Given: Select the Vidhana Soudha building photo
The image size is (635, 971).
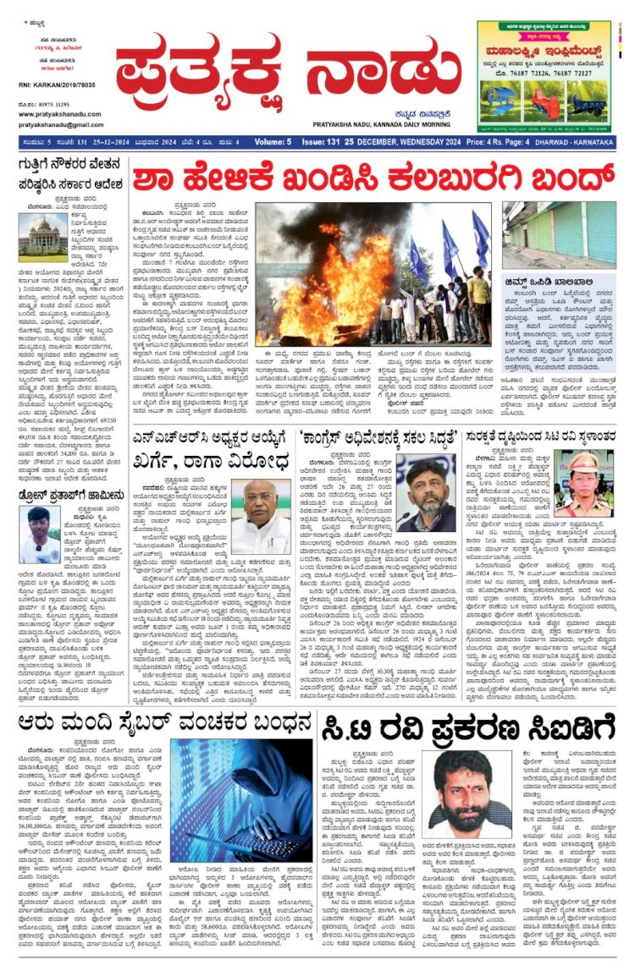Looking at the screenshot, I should [42, 238].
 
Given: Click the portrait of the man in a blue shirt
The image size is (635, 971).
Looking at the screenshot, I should [43, 534].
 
